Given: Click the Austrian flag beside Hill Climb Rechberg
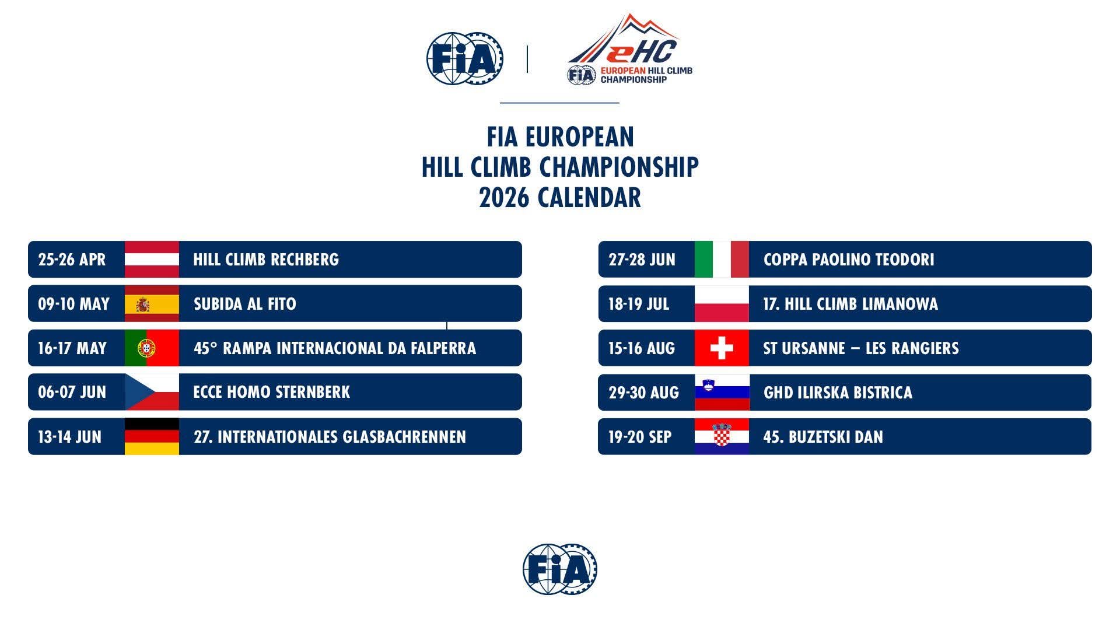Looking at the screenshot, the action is (152, 259).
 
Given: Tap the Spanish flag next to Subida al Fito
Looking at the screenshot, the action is (152, 303).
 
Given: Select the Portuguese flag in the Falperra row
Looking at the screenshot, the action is (152, 348).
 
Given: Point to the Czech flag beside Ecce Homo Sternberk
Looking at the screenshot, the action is (152, 392).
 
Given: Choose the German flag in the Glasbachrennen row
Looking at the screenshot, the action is (152, 436).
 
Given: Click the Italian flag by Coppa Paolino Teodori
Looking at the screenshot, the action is (722, 259).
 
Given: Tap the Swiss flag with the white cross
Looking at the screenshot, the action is (722, 348).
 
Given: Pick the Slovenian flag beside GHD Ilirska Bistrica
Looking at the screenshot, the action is (722, 392).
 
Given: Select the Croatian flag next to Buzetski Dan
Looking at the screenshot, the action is (722, 436).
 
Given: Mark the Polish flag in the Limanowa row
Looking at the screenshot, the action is (722, 303).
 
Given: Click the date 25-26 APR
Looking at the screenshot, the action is (72, 260).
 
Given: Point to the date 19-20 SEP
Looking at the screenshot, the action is (640, 437).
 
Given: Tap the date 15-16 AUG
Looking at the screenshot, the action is (642, 348).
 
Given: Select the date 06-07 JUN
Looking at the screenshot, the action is (72, 392).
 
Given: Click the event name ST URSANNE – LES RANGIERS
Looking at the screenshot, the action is (861, 348).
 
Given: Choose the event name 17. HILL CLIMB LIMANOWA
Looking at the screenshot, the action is (850, 304).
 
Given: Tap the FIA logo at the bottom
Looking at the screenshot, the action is (560, 569).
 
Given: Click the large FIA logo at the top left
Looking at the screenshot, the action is (465, 58).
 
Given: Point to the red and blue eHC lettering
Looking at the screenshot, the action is (642, 51).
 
